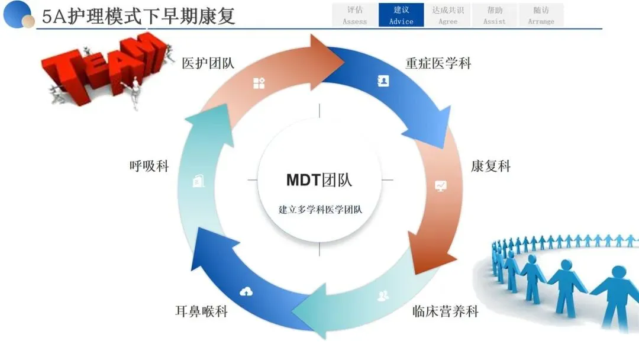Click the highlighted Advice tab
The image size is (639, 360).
coord(401,15)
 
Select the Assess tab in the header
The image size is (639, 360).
coord(354,15)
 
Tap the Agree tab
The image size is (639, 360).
coord(448,15)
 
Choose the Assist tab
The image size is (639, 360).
coord(494,15)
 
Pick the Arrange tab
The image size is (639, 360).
coord(541,15)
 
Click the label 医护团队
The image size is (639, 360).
coord(208,63)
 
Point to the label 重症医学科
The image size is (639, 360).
coord(438,63)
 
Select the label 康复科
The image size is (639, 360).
coord(490,166)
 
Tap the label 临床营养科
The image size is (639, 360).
coord(446,311)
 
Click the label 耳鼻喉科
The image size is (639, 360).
coord(201,311)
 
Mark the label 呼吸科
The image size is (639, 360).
coord(149,166)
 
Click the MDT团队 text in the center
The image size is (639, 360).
coord(319,180)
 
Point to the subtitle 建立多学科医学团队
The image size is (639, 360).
coord(320,210)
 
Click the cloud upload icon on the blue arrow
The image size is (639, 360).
coord(246,291)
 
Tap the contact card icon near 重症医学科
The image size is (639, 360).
coord(383,81)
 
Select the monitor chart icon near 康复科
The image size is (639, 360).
coord(441,186)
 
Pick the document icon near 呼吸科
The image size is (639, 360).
coord(198,181)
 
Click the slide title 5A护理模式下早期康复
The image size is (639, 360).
coord(138,17)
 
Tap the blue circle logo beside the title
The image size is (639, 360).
coord(18,15)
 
